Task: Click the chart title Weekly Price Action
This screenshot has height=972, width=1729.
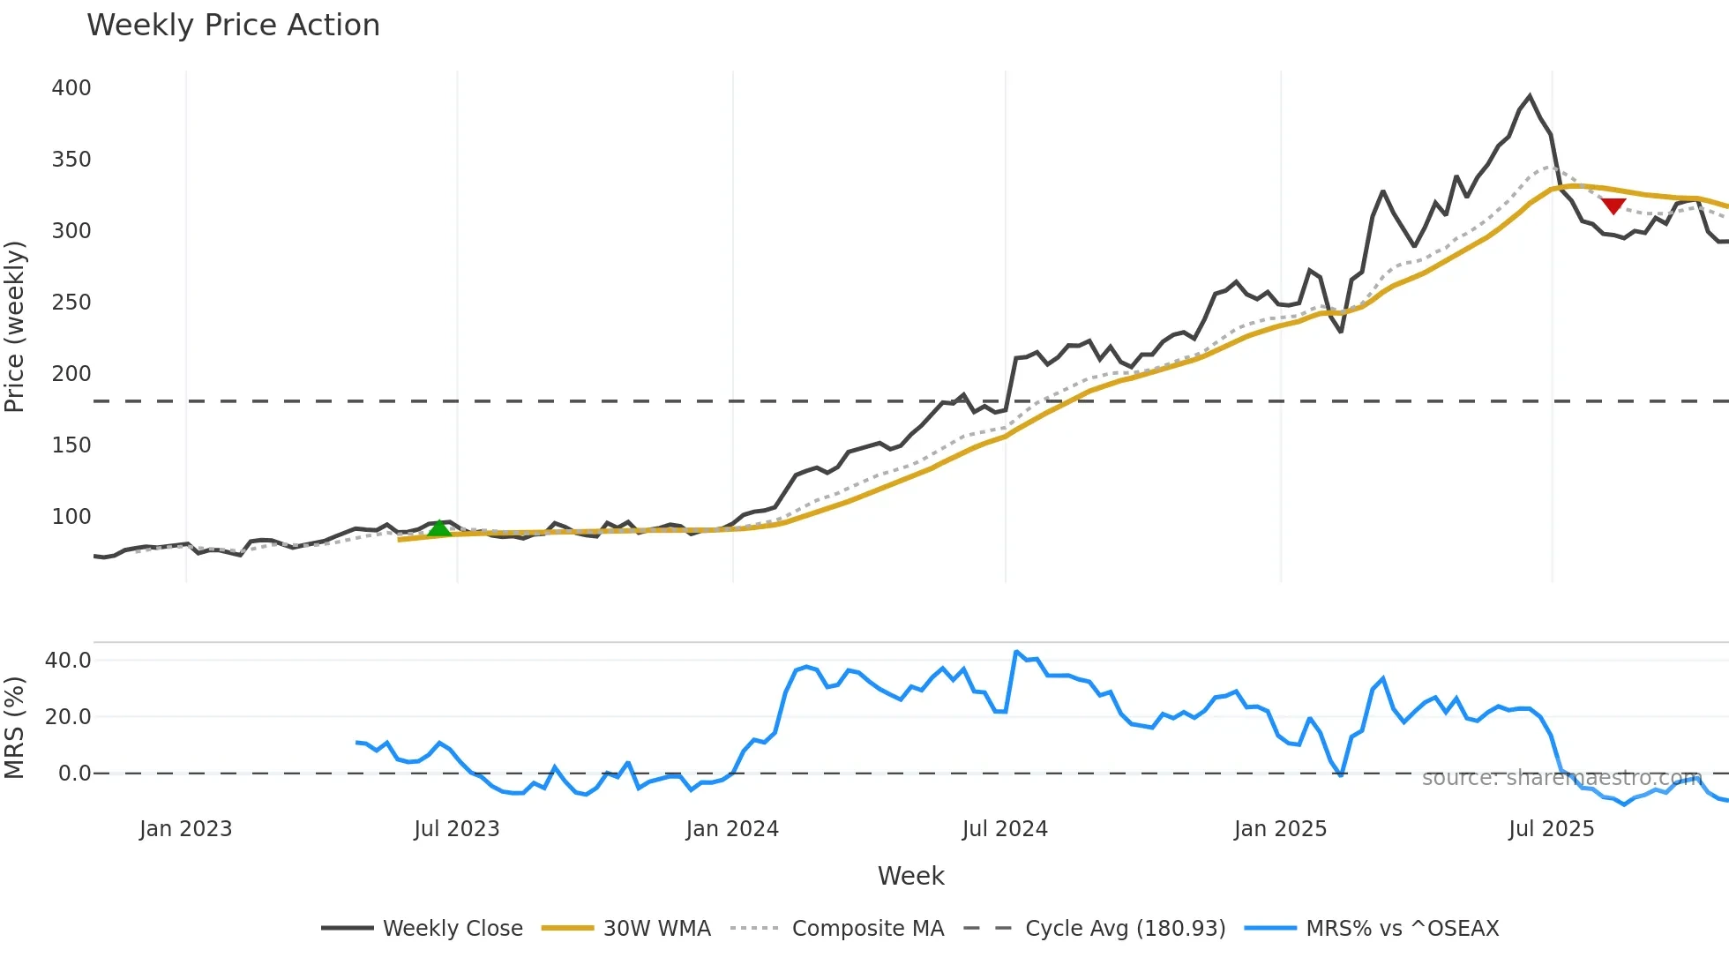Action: point(233,26)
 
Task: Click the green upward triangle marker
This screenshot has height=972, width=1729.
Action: point(439,528)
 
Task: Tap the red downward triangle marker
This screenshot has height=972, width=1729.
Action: point(1613,206)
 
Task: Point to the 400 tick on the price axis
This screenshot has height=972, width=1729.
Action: point(71,88)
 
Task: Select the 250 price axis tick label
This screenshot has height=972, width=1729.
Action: point(71,303)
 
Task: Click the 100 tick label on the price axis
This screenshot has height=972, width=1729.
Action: point(71,517)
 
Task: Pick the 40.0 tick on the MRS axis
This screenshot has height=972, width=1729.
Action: point(68,661)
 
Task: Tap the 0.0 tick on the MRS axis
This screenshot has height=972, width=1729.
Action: point(74,774)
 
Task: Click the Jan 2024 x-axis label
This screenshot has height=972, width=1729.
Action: point(732,829)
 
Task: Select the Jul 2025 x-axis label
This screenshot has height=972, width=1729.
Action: point(1551,829)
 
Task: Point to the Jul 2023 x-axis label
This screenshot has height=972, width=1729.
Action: point(456,829)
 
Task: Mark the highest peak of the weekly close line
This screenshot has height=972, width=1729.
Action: point(1530,96)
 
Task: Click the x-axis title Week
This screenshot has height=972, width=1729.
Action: point(910,876)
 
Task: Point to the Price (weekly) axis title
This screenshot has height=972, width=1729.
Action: point(15,326)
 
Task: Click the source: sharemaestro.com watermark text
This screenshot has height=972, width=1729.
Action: point(1561,778)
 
